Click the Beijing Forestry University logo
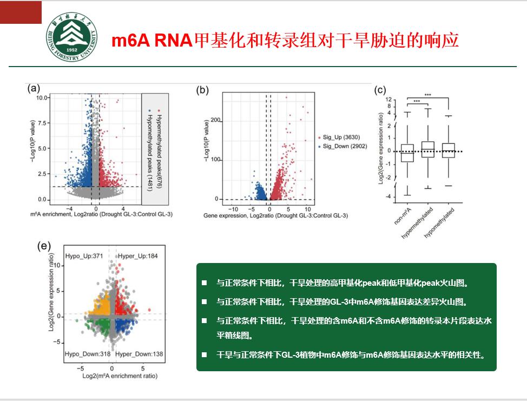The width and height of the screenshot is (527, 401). [72, 37]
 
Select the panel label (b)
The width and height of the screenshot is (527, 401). [203, 90]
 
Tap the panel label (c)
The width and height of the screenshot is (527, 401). [380, 90]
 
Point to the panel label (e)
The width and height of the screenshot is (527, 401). [44, 246]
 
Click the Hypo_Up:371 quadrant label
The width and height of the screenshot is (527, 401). [84, 255]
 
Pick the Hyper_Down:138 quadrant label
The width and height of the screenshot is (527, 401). [139, 354]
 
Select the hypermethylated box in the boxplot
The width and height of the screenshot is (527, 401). [427, 149]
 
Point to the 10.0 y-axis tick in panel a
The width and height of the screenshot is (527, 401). [42, 98]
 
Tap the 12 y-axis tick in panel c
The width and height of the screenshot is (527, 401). [388, 100]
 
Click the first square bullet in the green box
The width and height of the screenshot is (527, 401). [205, 283]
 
